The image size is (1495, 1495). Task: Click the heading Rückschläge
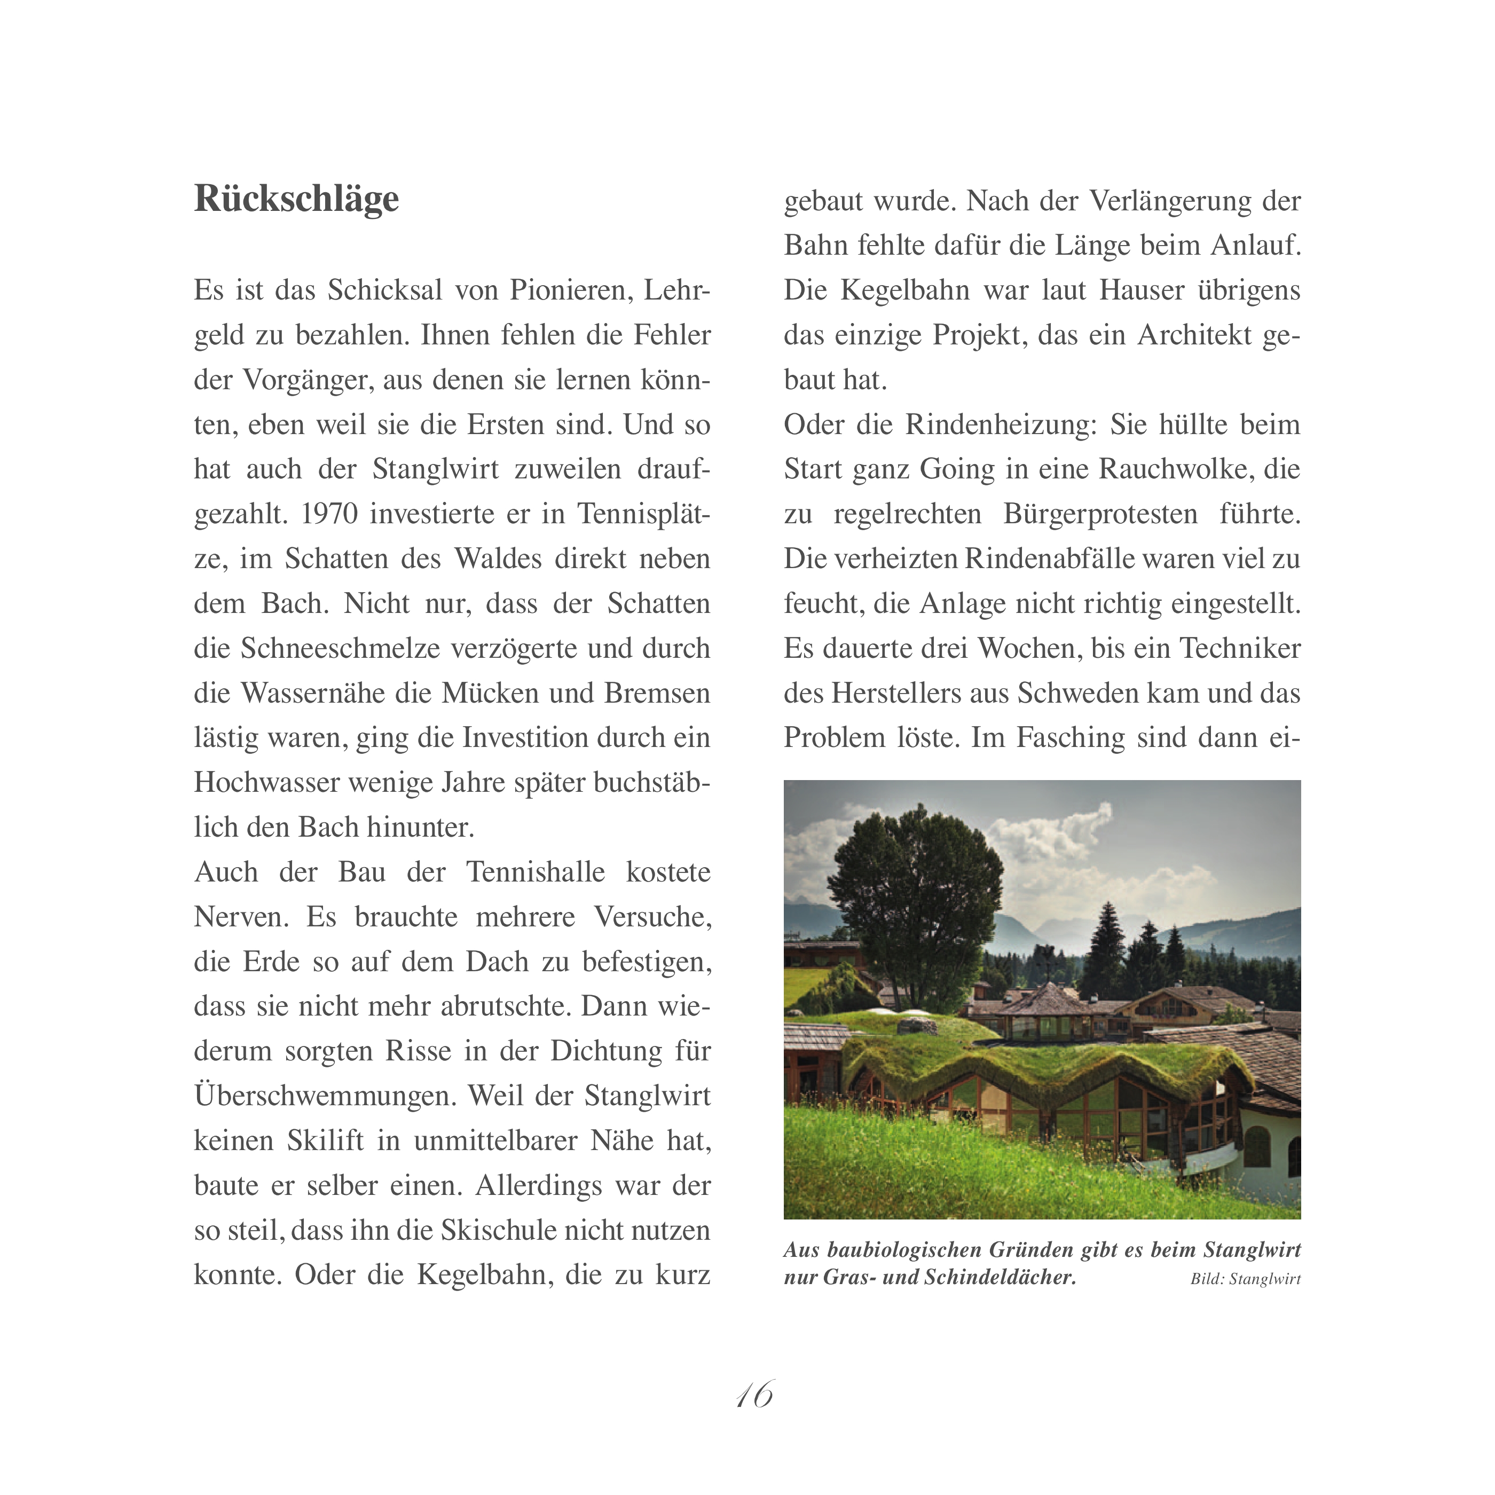[296, 199]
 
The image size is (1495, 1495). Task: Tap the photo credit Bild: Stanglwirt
[1245, 1279]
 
